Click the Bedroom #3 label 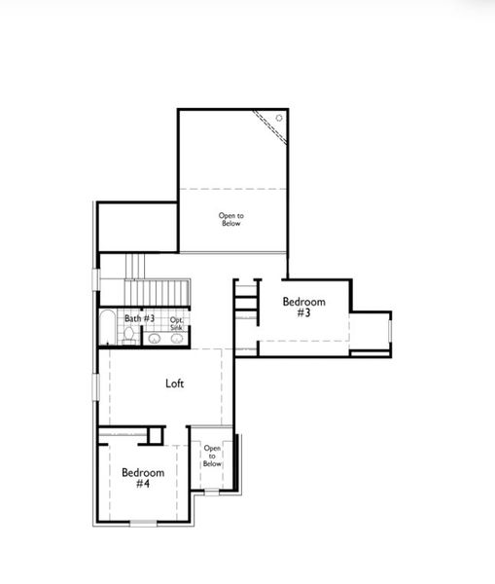(x=303, y=308)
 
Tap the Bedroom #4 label (x=142, y=478)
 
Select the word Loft (x=174, y=383)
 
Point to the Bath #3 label (x=139, y=319)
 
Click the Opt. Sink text (x=177, y=323)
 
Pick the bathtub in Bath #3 (x=107, y=329)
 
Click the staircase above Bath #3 (x=156, y=292)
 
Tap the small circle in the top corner (x=279, y=118)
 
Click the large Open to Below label (x=230, y=220)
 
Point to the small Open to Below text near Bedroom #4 (x=212, y=456)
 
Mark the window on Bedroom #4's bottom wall (x=143, y=523)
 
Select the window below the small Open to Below (x=213, y=492)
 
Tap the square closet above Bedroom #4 (x=152, y=434)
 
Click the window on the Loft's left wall (x=95, y=386)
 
